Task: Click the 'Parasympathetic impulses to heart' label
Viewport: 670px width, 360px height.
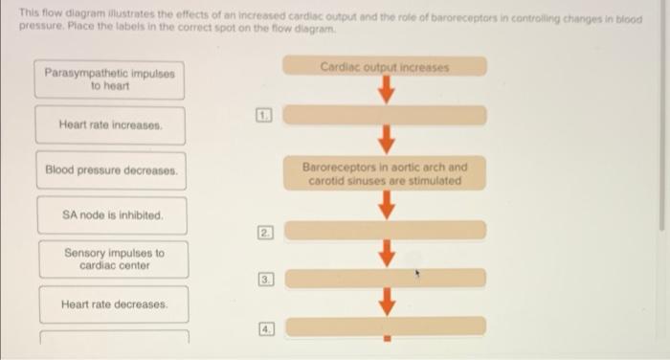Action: coord(111,79)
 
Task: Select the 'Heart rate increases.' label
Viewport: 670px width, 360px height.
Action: coord(111,125)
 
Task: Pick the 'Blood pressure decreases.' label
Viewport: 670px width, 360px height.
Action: coord(111,170)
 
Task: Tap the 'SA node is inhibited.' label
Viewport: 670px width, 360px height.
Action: coord(111,215)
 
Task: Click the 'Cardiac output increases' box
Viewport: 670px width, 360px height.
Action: coord(385,67)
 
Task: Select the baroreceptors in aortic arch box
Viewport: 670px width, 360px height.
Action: coord(385,173)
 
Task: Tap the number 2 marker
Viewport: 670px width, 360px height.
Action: coord(265,233)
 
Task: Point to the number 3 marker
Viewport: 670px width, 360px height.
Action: coord(265,280)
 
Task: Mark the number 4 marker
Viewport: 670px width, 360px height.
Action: coord(265,326)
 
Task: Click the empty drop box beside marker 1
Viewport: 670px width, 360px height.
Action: coord(385,115)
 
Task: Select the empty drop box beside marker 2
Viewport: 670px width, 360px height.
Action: coord(385,231)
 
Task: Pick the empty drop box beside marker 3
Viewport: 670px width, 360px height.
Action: coord(385,278)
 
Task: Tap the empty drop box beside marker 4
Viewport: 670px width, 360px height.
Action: coord(385,326)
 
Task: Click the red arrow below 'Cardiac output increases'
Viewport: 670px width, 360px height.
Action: coord(386,91)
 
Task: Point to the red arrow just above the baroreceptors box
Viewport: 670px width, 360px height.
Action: coord(386,140)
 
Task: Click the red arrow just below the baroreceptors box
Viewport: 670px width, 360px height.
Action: coord(386,205)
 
